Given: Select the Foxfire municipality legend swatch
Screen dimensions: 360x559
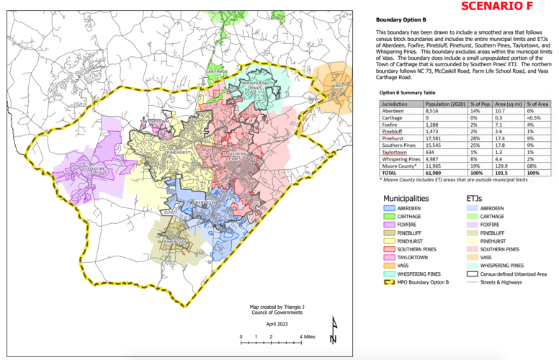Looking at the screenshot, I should click(x=389, y=224).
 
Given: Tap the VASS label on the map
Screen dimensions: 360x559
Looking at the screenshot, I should click(x=337, y=86).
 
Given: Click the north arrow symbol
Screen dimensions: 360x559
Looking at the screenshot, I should click(x=333, y=330).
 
